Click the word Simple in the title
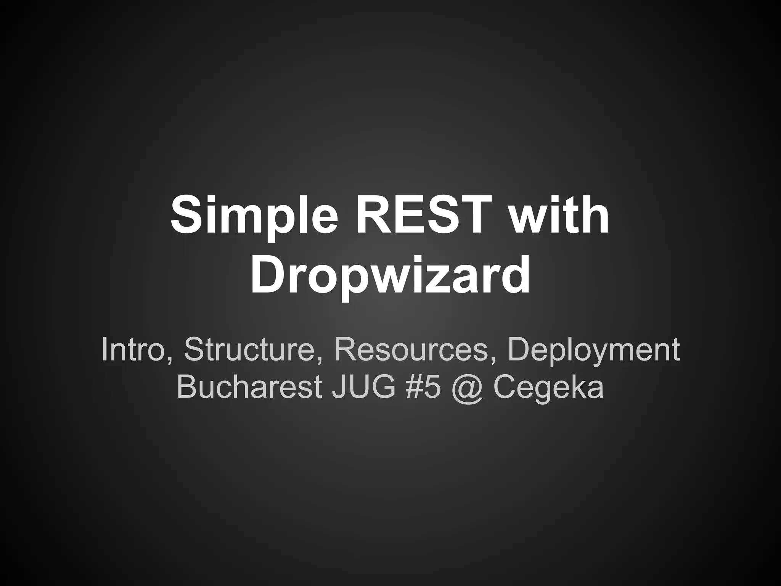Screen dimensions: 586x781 tap(254, 216)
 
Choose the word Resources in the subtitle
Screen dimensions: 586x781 tap(410, 350)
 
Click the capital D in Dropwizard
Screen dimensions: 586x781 tap(267, 274)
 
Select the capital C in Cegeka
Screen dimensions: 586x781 tap(506, 387)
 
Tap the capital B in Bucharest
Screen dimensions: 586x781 tap(187, 387)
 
